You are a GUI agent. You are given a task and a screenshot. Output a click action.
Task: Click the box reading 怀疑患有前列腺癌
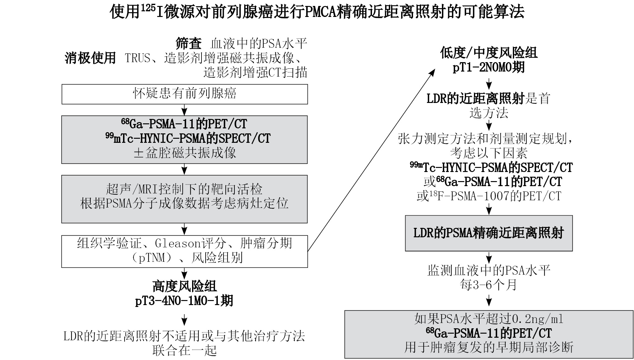click(185, 94)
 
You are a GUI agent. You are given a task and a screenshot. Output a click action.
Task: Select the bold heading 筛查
click(188, 44)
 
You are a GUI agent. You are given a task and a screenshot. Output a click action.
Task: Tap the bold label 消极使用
click(90, 58)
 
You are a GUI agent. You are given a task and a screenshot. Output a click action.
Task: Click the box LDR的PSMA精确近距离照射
click(489, 233)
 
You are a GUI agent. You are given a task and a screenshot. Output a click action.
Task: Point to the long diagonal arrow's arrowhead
click(433, 73)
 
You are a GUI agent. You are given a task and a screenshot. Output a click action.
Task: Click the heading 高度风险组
click(185, 286)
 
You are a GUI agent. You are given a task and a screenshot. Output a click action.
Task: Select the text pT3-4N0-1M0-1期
click(185, 301)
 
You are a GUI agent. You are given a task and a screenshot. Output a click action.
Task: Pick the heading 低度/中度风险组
click(489, 53)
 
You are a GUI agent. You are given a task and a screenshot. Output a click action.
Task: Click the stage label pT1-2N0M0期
click(489, 67)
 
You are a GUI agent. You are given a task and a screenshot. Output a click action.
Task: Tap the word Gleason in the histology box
click(178, 243)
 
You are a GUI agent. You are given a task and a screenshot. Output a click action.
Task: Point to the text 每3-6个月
click(489, 285)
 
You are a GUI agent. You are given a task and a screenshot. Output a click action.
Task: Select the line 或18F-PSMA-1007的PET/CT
click(489, 196)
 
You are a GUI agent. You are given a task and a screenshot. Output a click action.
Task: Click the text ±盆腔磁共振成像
click(185, 153)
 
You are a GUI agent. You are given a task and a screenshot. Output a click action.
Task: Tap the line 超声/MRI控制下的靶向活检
click(185, 189)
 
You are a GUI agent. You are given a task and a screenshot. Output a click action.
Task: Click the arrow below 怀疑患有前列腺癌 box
click(185, 110)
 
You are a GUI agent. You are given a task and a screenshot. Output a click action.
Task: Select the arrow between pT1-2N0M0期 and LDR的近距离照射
click(489, 84)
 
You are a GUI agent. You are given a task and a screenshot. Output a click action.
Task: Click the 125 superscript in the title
click(148, 8)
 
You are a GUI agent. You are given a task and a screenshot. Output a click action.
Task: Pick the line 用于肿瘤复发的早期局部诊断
click(489, 347)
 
